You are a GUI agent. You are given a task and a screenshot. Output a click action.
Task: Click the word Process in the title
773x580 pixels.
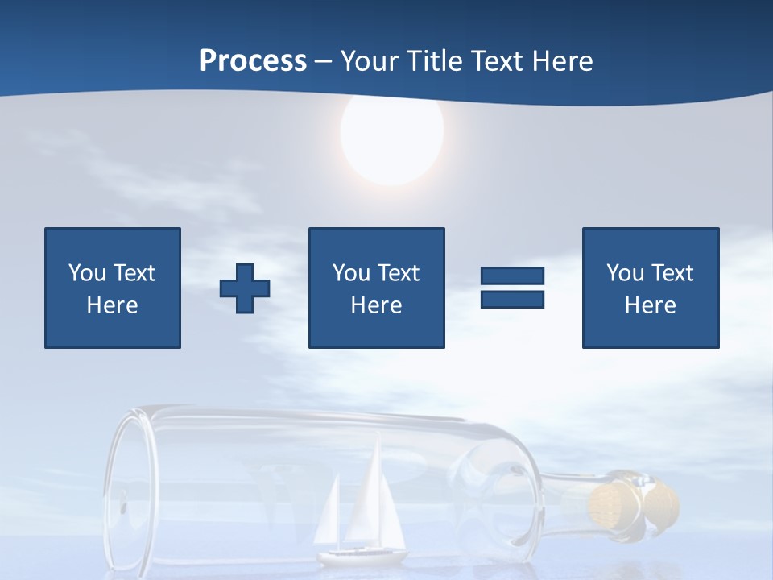point(253,61)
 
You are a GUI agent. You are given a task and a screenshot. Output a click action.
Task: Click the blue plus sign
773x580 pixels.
point(245,288)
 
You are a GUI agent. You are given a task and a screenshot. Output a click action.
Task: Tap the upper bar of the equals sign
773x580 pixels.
point(512,276)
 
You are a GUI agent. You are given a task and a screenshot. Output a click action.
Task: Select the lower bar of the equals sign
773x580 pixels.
point(512,299)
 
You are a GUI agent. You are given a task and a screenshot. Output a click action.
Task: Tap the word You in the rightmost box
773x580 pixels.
point(624,273)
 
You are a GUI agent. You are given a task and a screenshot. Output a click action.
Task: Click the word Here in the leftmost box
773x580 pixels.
point(112,305)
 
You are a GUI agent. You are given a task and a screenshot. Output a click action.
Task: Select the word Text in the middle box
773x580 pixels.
point(399,273)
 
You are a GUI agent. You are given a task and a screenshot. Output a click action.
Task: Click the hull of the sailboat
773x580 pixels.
point(362,556)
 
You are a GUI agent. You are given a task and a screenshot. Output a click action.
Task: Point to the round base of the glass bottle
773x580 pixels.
point(129,491)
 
